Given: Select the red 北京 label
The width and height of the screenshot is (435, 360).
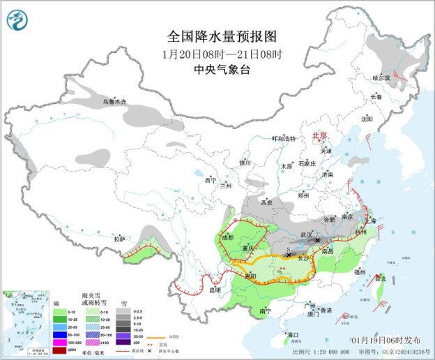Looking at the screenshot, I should tap(320, 137).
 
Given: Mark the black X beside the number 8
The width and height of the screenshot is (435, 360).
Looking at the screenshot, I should tap(289, 255).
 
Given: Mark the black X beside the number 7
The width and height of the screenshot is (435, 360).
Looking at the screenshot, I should tap(318, 240).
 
